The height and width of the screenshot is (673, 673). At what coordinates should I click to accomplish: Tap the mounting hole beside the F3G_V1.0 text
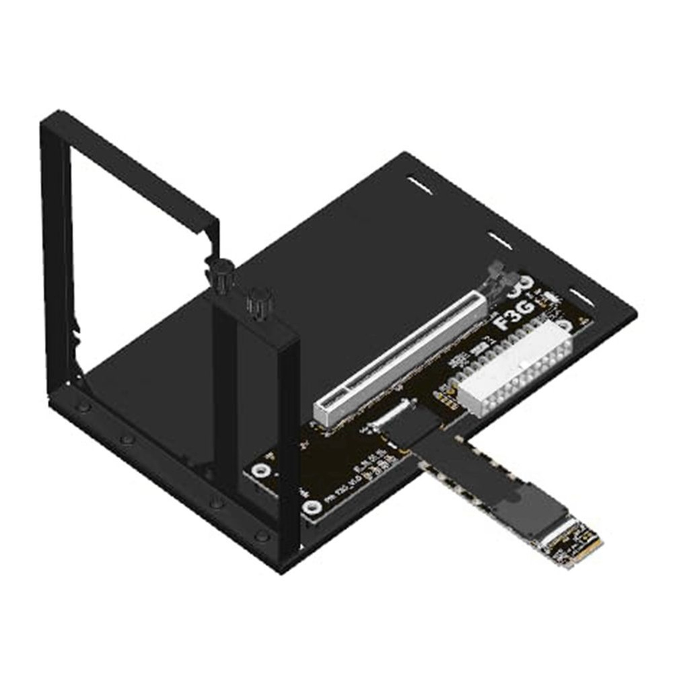[x=312, y=507]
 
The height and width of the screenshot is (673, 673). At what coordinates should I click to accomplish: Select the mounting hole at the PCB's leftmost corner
[x=258, y=470]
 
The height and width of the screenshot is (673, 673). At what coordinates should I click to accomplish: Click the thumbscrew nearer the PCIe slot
[x=257, y=302]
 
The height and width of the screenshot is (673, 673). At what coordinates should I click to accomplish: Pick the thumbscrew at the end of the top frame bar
[x=222, y=275]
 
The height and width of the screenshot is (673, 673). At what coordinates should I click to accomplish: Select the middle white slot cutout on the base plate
[x=499, y=239]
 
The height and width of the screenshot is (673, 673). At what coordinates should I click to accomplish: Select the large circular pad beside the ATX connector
[x=565, y=327]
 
